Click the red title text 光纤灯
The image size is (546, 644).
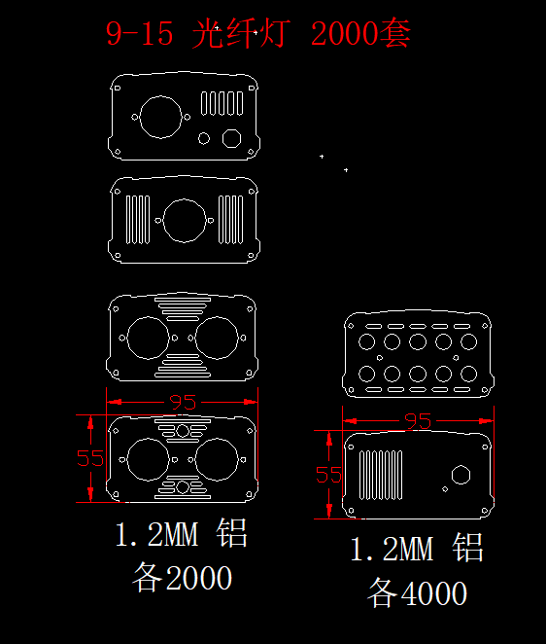tap(241, 33)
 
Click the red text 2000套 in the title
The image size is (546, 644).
tap(361, 33)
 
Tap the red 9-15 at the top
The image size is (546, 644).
tap(140, 34)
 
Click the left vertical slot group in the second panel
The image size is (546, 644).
tap(137, 220)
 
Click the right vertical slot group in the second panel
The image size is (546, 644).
tap(230, 220)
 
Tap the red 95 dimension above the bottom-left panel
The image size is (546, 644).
tap(183, 403)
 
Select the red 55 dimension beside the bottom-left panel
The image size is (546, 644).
tap(90, 458)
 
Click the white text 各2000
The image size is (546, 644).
tap(182, 577)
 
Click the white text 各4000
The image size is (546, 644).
tap(417, 592)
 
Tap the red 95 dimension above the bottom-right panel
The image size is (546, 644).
tap(418, 421)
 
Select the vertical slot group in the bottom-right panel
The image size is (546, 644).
tap(381, 475)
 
